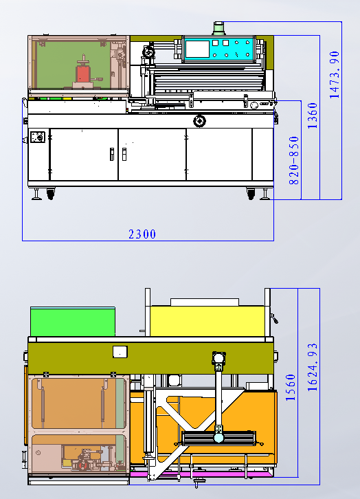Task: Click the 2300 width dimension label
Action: (x=142, y=234)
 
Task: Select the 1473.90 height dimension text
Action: (x=335, y=74)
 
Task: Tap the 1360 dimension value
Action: (x=313, y=116)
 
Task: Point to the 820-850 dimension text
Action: (x=293, y=163)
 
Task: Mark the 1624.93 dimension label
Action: (x=313, y=368)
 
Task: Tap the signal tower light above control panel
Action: (x=219, y=28)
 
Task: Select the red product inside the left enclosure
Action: (x=83, y=73)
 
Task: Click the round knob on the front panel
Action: (x=200, y=121)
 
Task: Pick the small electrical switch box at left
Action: (x=37, y=138)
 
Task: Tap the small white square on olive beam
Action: (x=120, y=351)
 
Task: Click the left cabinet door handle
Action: (x=110, y=153)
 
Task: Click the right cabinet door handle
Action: (x=124, y=153)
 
